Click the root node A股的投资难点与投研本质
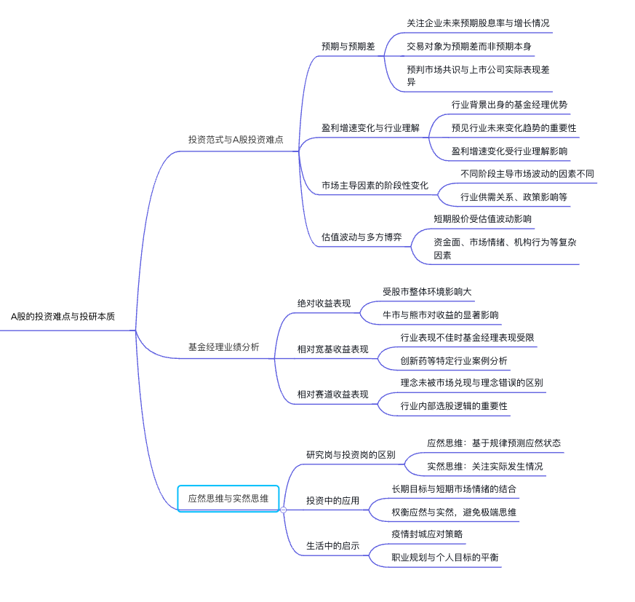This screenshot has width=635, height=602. (63, 317)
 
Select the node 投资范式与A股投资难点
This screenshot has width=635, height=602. (236, 139)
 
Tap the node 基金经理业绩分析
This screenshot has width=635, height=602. (223, 347)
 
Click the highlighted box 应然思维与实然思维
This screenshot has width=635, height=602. (228, 499)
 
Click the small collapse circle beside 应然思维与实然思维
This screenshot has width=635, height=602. (283, 510)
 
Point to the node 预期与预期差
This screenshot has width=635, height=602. (348, 46)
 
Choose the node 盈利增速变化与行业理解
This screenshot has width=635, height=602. (370, 127)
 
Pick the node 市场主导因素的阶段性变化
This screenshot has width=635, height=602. (375, 186)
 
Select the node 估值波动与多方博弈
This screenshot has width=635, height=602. (362, 237)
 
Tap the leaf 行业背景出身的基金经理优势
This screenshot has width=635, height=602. (509, 104)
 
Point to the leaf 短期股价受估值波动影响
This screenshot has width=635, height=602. (482, 218)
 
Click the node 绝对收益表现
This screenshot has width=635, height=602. (324, 303)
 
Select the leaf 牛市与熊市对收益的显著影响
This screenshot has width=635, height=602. (441, 314)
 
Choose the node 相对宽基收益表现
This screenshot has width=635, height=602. (333, 349)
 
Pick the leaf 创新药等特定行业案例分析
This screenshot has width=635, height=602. (454, 360)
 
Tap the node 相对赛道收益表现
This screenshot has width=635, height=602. (333, 394)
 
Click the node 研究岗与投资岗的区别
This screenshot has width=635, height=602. (351, 454)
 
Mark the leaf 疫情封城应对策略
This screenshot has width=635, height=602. (427, 534)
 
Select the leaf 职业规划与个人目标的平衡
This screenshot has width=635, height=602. (445, 557)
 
